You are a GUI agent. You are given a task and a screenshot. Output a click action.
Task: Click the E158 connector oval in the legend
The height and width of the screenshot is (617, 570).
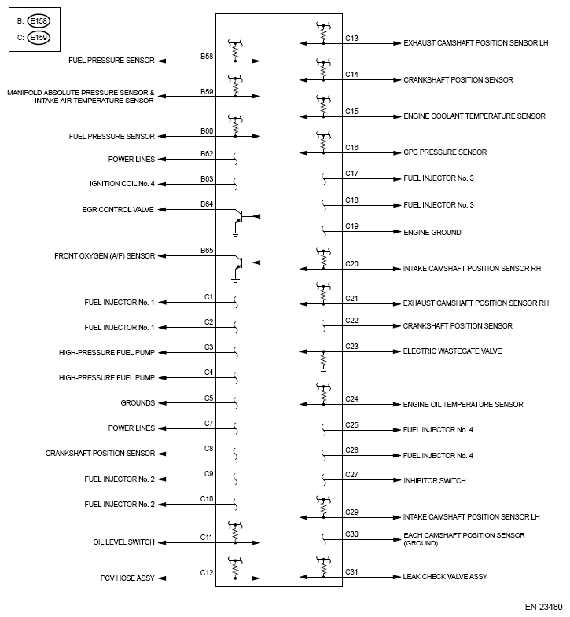point(37,21)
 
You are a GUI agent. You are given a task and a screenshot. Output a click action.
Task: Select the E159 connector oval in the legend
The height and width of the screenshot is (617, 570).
point(37,37)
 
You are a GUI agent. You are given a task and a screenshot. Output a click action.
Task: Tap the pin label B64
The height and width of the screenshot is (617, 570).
point(207,204)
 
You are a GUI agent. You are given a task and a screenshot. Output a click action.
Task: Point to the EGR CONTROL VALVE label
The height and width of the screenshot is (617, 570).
point(118,209)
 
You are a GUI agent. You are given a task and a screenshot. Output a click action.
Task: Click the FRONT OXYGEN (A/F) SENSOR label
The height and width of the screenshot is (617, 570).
point(105,255)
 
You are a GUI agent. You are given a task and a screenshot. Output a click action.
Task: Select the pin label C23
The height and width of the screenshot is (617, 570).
point(351,346)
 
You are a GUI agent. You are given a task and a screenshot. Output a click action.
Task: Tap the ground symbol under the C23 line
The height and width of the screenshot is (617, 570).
point(323,365)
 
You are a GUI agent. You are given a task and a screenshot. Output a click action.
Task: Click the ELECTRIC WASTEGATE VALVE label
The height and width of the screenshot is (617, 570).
point(452,351)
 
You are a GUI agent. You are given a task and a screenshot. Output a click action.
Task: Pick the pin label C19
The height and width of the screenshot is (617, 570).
point(351,226)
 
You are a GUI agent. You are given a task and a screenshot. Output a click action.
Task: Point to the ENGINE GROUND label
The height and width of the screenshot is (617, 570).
point(432,232)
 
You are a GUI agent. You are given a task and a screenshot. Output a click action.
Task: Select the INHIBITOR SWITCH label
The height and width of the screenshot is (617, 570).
point(434,480)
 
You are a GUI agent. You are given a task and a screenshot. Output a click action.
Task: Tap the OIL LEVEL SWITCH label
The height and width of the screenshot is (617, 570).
point(123,542)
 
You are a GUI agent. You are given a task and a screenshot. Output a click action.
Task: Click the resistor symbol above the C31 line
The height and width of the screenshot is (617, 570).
point(322,566)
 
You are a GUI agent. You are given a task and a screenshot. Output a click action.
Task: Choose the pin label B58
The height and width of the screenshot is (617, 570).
point(207,56)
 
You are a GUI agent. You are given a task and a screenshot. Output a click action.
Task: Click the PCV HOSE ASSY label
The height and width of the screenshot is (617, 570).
point(128,578)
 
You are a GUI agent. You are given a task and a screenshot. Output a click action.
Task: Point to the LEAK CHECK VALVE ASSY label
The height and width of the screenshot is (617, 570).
point(445,577)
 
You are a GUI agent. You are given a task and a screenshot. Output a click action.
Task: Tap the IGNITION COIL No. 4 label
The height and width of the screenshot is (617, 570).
point(122,184)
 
